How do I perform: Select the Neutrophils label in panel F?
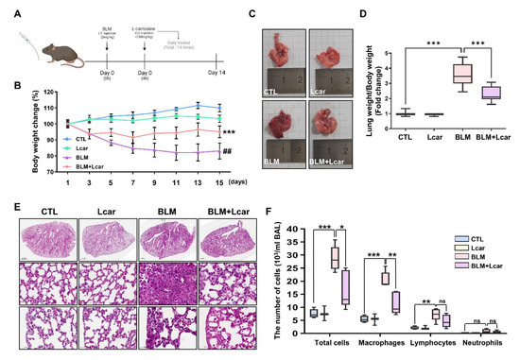click(x=483, y=342)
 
